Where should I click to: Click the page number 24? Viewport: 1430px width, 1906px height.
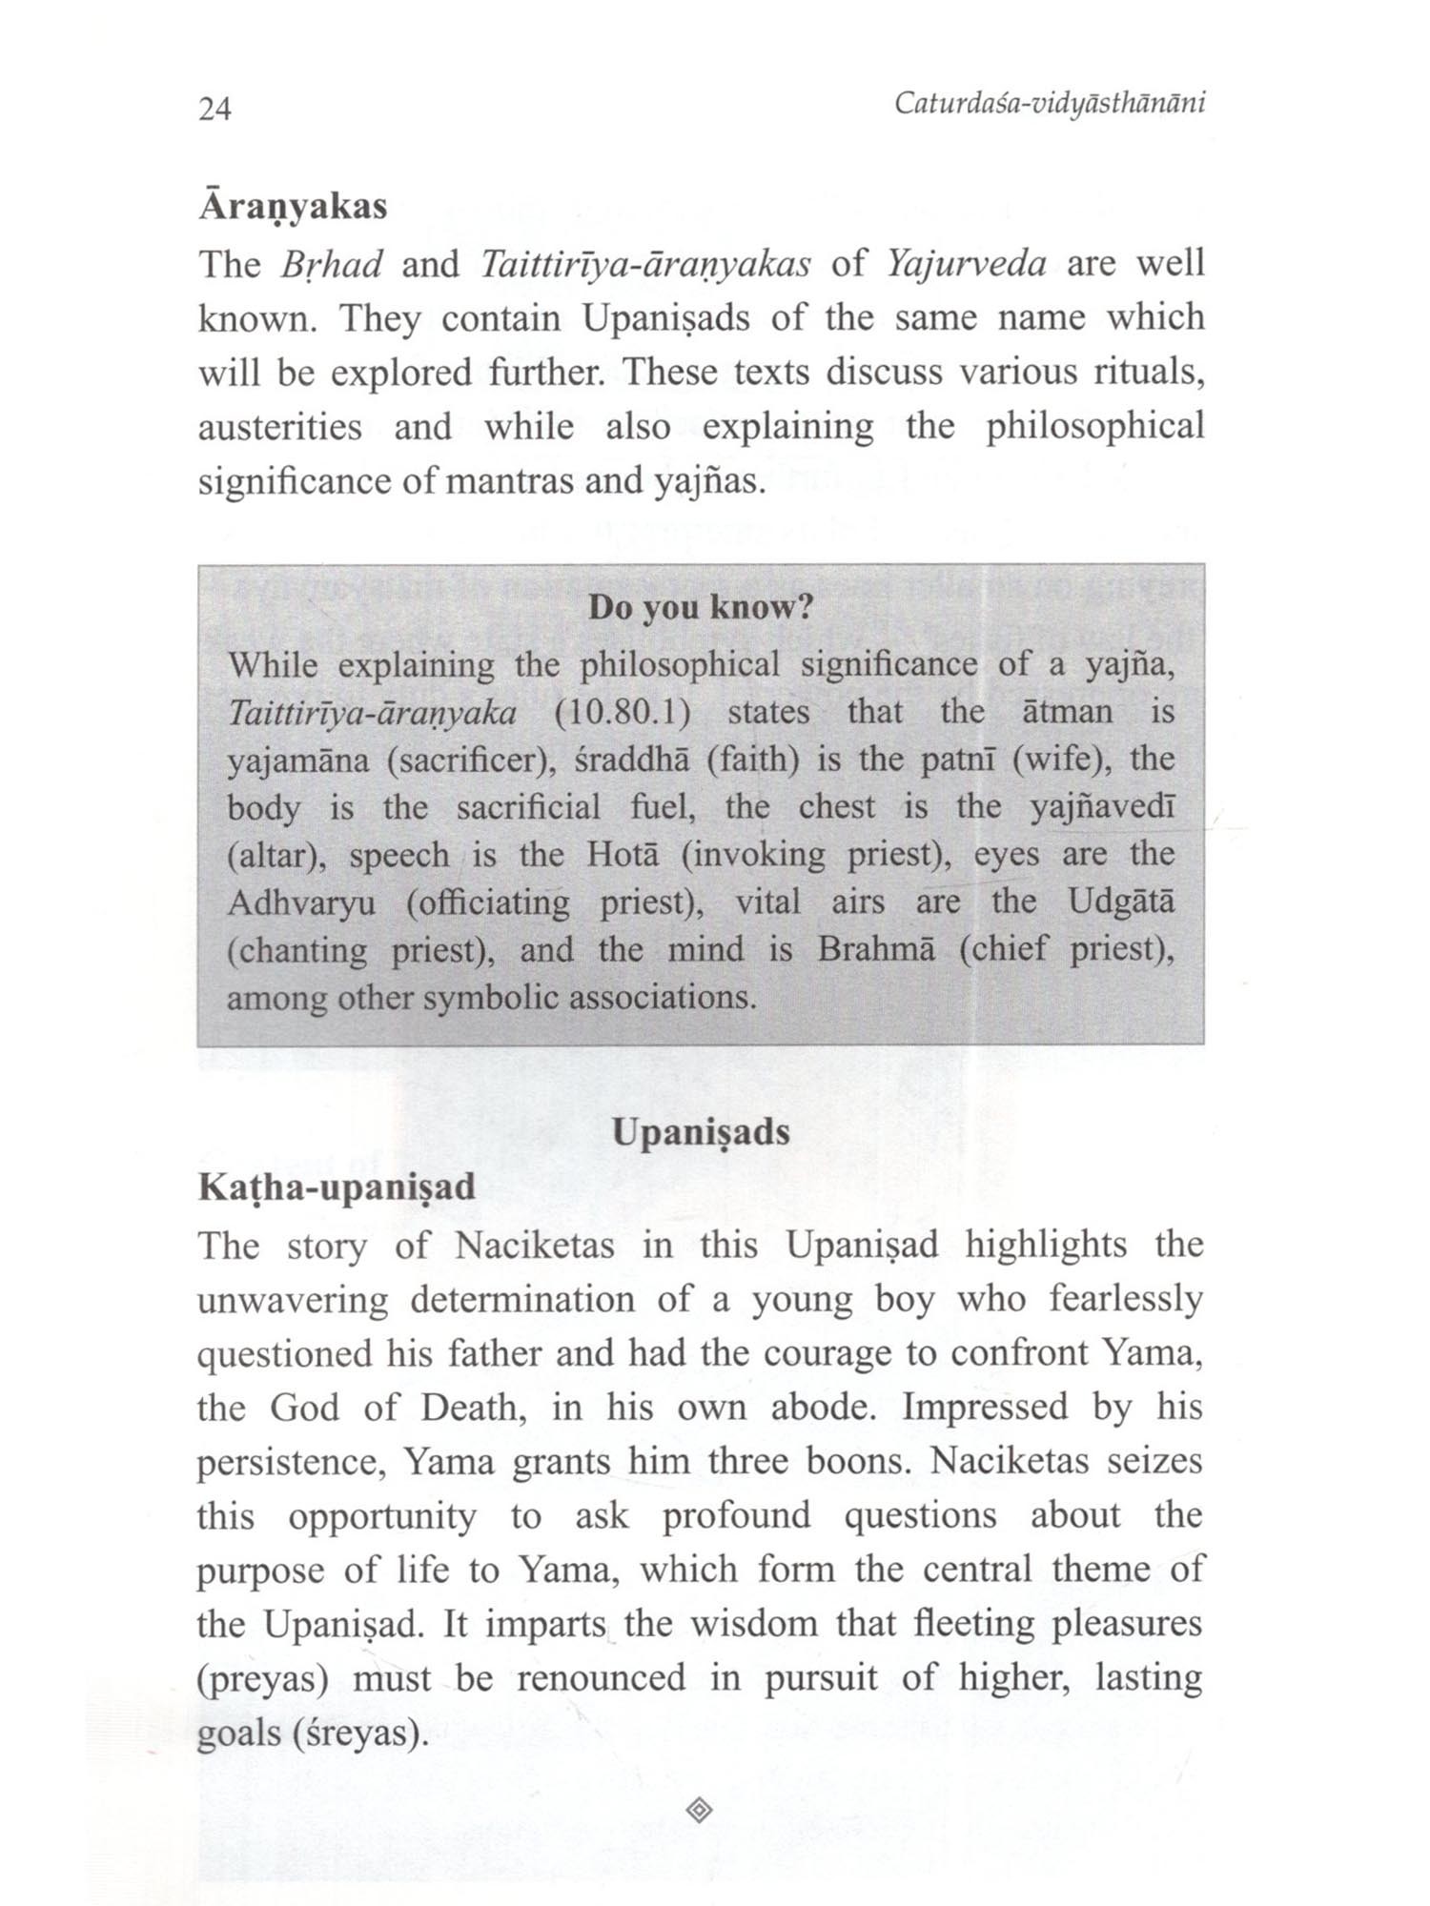(214, 109)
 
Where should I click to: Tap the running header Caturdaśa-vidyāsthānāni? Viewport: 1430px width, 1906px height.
(1049, 103)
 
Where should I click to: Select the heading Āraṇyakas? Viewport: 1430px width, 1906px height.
(293, 207)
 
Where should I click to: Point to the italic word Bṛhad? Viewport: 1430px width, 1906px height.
(332, 265)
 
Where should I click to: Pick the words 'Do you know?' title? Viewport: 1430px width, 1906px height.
(700, 607)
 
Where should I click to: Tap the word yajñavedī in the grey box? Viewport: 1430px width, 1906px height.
(1102, 807)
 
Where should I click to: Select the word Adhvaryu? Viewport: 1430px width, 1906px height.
(301, 902)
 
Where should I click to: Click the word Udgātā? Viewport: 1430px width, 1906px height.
(1120, 901)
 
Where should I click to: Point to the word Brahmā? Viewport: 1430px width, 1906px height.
(875, 949)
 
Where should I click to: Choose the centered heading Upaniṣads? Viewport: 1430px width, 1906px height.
(701, 1132)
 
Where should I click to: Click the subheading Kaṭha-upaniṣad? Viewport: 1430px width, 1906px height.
(337, 1187)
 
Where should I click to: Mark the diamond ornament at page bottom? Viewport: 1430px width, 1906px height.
(699, 1810)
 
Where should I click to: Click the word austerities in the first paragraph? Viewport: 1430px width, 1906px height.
(279, 427)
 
